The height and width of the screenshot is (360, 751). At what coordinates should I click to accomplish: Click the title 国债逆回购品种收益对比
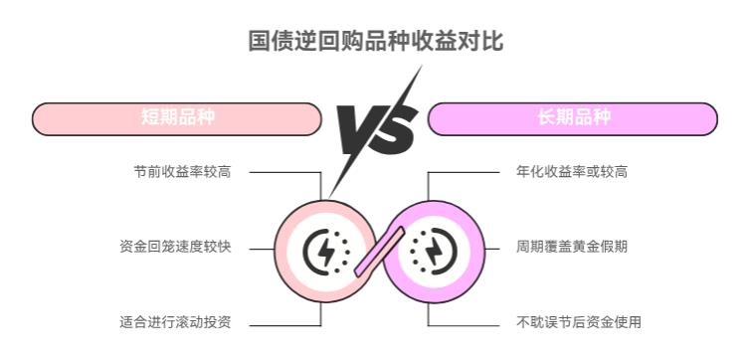coord(376,41)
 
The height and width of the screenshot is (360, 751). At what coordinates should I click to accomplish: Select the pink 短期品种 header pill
coord(177,118)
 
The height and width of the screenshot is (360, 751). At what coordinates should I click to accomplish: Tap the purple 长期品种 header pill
coord(572,118)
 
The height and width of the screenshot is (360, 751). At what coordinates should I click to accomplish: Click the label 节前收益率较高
coord(182,171)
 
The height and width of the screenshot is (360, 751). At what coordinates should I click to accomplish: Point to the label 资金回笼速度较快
coord(175,246)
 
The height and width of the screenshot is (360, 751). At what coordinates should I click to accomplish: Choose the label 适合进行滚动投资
coord(175,321)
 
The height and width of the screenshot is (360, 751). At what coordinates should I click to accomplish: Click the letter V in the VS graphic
coord(356,127)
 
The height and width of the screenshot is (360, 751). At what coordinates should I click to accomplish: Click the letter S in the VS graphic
coord(395,127)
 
